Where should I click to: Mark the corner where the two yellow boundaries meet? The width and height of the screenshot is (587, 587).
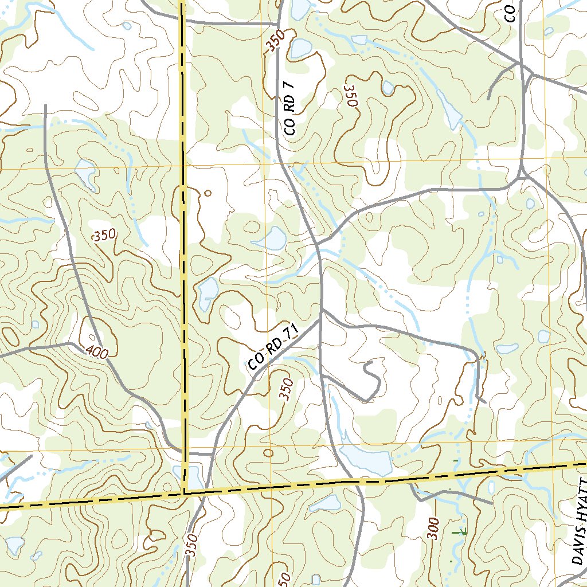coord(185,492)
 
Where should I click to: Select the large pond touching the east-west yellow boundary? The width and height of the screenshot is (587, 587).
coord(366,458)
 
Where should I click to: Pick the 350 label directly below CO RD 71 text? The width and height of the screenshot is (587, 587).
coord(287,389)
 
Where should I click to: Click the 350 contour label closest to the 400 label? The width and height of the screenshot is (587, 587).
coord(104,235)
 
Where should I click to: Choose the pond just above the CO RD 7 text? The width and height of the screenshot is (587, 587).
coord(300,49)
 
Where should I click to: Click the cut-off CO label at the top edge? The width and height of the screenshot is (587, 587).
coord(510,11)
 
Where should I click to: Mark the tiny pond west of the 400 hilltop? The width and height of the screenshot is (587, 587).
coord(35,324)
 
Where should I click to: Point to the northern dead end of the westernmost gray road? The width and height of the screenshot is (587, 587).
coord(45,107)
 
